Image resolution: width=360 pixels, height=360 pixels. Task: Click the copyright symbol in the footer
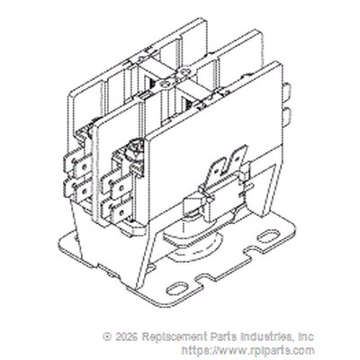pos(107,337)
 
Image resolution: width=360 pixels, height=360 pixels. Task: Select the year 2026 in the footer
pos(126,337)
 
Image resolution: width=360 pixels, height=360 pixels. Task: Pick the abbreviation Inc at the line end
pos(306,337)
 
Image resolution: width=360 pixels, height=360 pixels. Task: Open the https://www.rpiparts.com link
pos(248,350)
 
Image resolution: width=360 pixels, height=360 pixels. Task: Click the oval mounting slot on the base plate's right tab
pos(268,236)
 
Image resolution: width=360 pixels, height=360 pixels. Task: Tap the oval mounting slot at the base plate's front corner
pos(177,290)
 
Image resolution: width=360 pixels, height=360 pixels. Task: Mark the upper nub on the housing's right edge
pos(287,91)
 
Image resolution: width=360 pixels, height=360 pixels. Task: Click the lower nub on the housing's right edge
pos(287,115)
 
